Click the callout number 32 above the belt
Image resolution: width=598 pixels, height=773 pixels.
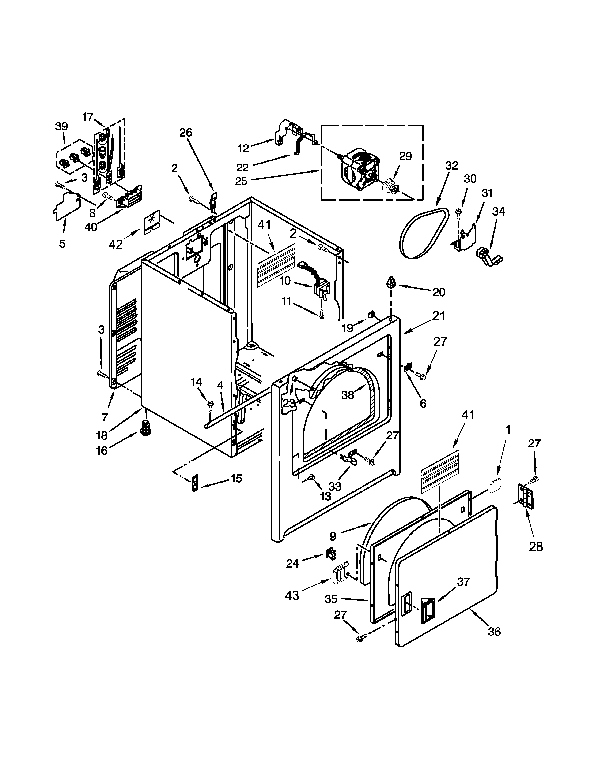click(x=452, y=166)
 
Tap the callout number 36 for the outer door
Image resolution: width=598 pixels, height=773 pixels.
click(x=494, y=632)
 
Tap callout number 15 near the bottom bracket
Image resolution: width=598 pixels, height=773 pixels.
click(x=236, y=479)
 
